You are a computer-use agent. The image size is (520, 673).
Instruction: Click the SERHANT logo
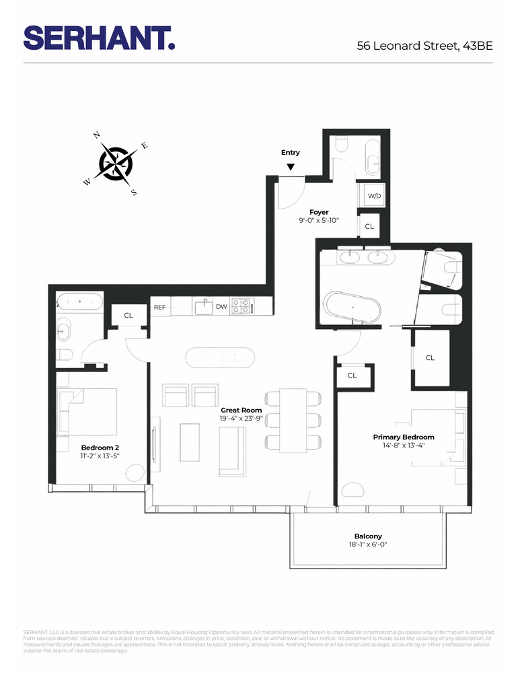click(x=100, y=38)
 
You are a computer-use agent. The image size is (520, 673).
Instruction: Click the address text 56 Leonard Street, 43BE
click(x=424, y=46)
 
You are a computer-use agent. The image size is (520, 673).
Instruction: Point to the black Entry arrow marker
click(x=291, y=167)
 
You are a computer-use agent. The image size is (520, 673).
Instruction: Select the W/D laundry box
click(x=373, y=196)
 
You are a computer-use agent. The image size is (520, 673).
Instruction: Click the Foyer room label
click(x=319, y=212)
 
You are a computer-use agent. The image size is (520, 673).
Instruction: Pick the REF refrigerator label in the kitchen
click(x=159, y=307)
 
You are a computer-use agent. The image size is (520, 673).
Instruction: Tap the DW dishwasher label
click(x=221, y=307)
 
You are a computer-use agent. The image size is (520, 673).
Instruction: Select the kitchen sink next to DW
click(x=202, y=307)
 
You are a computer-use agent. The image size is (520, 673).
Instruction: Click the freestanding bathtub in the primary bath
click(x=352, y=308)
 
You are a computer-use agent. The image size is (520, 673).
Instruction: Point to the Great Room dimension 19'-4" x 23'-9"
click(x=242, y=419)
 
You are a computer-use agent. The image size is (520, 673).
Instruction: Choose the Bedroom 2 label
click(x=100, y=447)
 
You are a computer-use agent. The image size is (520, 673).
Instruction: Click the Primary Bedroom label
click(x=404, y=437)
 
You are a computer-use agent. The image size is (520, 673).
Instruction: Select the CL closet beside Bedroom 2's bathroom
click(x=128, y=315)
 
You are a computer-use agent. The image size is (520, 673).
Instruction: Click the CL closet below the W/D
click(x=369, y=227)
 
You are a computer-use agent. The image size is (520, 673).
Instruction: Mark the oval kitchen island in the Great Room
click(x=221, y=357)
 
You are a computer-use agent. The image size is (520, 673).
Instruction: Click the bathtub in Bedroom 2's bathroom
click(x=80, y=301)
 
